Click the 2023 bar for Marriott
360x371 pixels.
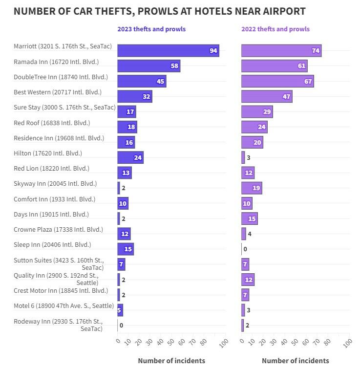pyautogui.click(x=168, y=51)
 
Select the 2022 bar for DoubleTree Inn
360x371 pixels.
pyautogui.click(x=277, y=81)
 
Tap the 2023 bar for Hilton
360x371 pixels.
pyautogui.click(x=130, y=157)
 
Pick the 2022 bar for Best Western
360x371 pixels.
pyautogui.click(x=266, y=96)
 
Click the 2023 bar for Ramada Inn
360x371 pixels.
pyautogui.click(x=148, y=66)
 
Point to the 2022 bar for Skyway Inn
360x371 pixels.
pyautogui.click(x=251, y=188)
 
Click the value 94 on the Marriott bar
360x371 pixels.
pyautogui.click(x=213, y=51)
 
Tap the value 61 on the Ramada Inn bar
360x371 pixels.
pyautogui.click(x=302, y=66)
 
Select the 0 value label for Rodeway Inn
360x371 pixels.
pyautogui.click(x=121, y=326)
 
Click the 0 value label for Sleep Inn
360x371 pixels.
pyautogui.click(x=245, y=249)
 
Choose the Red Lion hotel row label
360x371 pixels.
pyautogui.click(x=51, y=168)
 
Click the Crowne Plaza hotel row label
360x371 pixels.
pyautogui.click(x=58, y=229)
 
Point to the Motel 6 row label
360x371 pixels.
pyautogui.click(x=64, y=306)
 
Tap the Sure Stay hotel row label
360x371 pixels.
pyautogui.click(x=64, y=107)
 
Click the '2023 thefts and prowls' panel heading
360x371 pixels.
pyautogui.click(x=151, y=29)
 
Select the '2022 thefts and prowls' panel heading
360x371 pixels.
pyautogui.click(x=275, y=29)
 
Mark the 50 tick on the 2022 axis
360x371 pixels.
pyautogui.click(x=294, y=342)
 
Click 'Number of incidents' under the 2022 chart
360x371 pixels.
pyautogui.click(x=296, y=361)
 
